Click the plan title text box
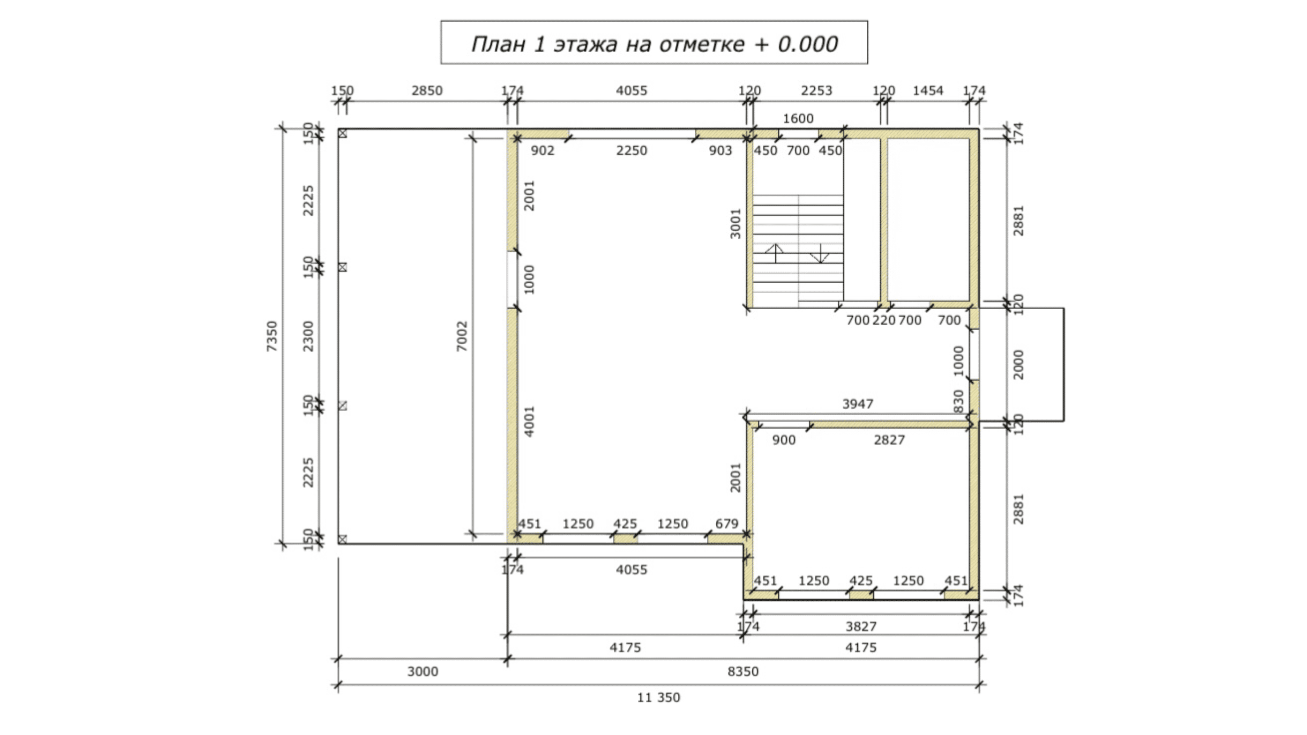[654, 43]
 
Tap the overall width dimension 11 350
[659, 697]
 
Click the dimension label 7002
[462, 336]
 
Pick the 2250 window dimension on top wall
[632, 151]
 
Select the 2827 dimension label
[889, 440]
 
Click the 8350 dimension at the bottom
[743, 672]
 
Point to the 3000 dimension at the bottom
[423, 672]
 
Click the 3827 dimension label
[861, 627]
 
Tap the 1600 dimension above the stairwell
[798, 119]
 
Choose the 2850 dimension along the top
[427, 91]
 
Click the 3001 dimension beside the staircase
[735, 224]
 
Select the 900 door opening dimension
[784, 440]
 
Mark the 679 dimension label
[727, 524]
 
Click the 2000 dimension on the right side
[1018, 365]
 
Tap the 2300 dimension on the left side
[308, 336]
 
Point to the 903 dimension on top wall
[721, 151]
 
